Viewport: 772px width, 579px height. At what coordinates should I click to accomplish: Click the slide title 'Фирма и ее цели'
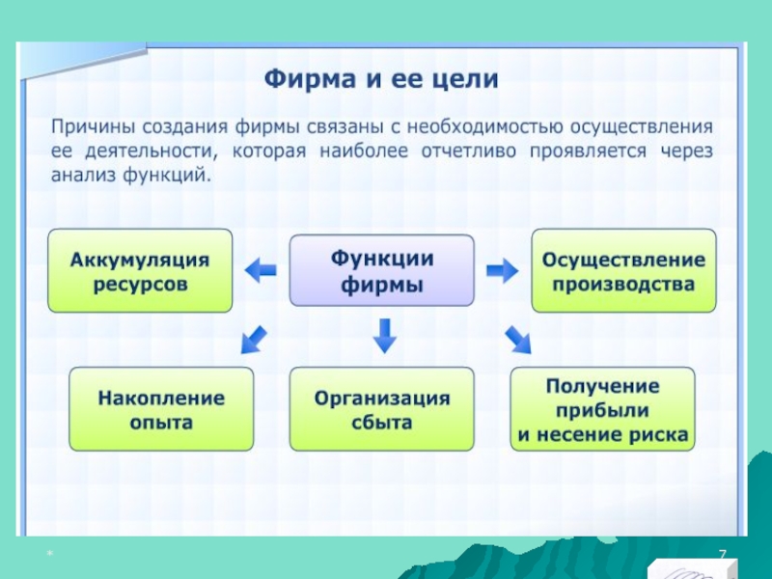point(381,78)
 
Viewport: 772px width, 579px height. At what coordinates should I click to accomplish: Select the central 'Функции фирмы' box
point(382,271)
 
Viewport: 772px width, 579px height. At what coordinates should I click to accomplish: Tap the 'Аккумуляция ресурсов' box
point(140,271)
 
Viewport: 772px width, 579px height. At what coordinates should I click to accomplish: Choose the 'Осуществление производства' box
point(623,271)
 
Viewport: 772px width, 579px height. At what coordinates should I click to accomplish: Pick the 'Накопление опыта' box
point(161,409)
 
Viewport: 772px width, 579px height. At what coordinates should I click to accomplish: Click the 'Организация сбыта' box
point(382,409)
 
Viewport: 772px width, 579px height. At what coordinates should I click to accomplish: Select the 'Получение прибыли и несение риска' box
point(603,409)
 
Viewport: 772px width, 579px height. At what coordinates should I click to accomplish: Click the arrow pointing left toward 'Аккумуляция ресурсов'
point(261,272)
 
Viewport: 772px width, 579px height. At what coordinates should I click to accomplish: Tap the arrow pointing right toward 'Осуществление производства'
point(502,272)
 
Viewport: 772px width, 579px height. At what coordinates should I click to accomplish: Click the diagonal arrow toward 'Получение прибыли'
point(517,338)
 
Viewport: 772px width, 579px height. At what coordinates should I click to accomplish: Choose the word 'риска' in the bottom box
point(661,435)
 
